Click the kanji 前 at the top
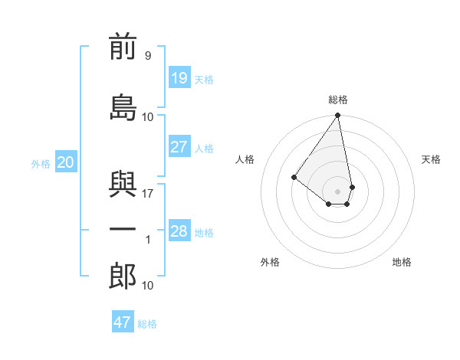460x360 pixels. pyautogui.click(x=123, y=47)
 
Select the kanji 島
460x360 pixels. pyautogui.click(x=123, y=107)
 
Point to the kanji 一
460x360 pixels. pyautogui.click(x=123, y=230)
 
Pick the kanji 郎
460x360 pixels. pyautogui.click(x=123, y=276)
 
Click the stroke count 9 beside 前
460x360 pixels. pyautogui.click(x=147, y=55)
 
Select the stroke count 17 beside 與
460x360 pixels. pyautogui.click(x=148, y=193)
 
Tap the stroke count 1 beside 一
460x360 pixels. pyautogui.click(x=148, y=240)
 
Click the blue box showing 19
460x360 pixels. pyautogui.click(x=179, y=77)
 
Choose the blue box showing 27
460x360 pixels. pyautogui.click(x=179, y=147)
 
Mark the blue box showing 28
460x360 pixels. pyautogui.click(x=179, y=231)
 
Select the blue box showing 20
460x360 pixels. pyautogui.click(x=66, y=162)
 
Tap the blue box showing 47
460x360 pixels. pyautogui.click(x=123, y=322)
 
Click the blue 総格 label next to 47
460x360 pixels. pyautogui.click(x=147, y=324)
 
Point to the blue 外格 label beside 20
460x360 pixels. pyautogui.click(x=41, y=164)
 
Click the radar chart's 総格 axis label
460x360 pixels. pyautogui.click(x=337, y=100)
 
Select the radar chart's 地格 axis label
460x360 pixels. pyautogui.click(x=402, y=262)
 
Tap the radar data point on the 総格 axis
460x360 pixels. pyautogui.click(x=337, y=116)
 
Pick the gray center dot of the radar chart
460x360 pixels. pyautogui.click(x=337, y=191)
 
